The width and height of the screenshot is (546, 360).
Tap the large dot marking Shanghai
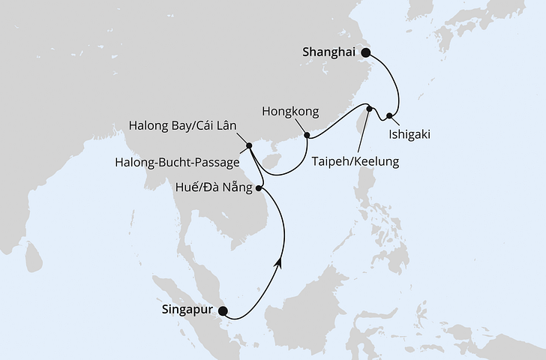tap(367, 52)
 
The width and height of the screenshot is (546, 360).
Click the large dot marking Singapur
tap(222, 310)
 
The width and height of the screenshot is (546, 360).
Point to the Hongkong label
tap(290, 112)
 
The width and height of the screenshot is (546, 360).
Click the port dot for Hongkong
tap(307, 136)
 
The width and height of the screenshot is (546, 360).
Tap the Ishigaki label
tap(409, 136)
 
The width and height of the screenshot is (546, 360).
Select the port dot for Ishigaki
tap(389, 115)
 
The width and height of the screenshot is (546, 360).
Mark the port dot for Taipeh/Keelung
tap(369, 109)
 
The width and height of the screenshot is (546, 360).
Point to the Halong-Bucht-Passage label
tap(178, 161)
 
